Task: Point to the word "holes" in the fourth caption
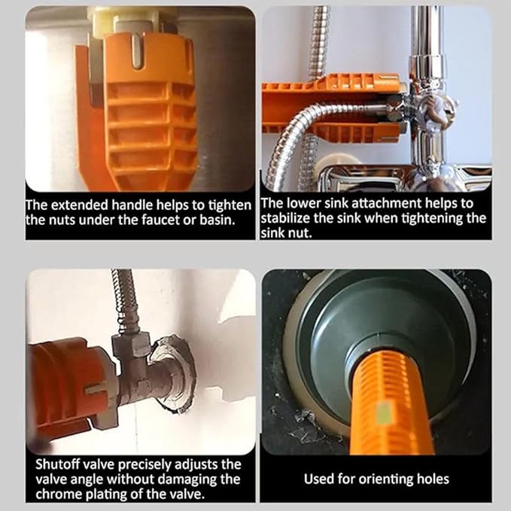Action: point(433,479)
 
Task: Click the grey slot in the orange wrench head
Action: point(137,51)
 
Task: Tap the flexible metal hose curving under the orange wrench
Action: point(305,137)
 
